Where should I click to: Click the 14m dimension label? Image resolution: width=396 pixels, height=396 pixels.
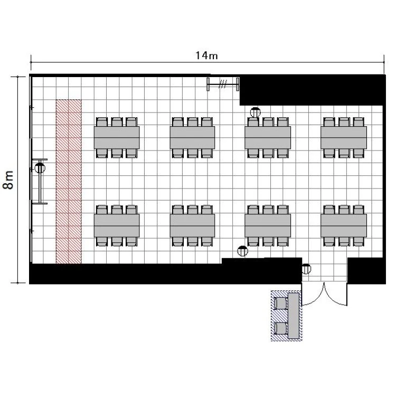[x=206, y=55]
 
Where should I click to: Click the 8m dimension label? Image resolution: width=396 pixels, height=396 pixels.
[x=8, y=180]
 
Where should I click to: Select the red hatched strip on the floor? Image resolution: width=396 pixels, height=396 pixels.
[x=69, y=181]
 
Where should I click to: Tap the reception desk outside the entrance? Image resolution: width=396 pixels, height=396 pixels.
[x=294, y=316]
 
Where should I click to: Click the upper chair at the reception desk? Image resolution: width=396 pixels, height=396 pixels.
[x=280, y=303]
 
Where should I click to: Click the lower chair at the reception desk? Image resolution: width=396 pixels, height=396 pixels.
[x=280, y=328]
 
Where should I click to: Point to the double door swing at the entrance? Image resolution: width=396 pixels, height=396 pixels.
[x=324, y=294]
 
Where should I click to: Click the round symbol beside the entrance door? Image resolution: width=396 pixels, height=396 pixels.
[x=306, y=269]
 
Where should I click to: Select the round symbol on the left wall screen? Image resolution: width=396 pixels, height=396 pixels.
[x=40, y=168]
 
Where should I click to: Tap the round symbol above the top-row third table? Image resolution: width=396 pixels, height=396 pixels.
[x=256, y=112]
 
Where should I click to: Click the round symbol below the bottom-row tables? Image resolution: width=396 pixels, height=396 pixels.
[x=243, y=251]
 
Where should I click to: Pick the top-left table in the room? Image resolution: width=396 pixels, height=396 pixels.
[x=117, y=138]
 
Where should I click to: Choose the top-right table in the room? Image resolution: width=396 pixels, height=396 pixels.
[x=344, y=138]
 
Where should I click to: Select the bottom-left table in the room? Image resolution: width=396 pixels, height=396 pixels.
[x=117, y=225]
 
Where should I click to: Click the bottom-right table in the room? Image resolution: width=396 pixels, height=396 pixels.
[x=344, y=225]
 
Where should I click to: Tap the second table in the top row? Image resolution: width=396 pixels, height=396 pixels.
[x=192, y=138]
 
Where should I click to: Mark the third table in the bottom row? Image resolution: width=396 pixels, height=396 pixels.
[x=268, y=225]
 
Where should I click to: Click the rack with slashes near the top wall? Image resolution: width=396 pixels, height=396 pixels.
[x=223, y=84]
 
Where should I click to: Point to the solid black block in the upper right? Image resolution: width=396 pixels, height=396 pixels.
[x=313, y=90]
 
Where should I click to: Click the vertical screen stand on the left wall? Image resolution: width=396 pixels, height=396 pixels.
[x=40, y=181]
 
